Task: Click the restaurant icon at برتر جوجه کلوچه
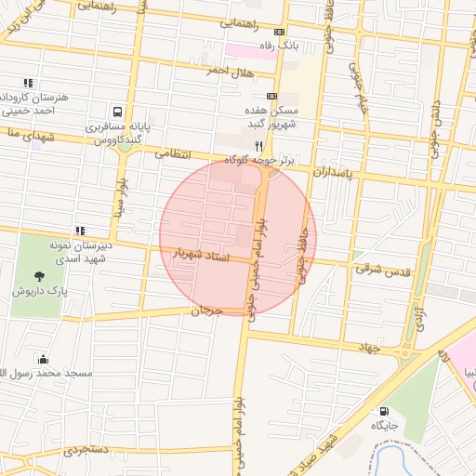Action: [x=258, y=145]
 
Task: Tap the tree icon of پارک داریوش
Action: [x=39, y=275]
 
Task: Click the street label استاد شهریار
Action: [x=200, y=253]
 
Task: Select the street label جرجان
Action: [x=207, y=311]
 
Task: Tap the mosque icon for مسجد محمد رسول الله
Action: [x=43, y=359]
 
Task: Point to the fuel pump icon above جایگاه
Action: [x=383, y=410]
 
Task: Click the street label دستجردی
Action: [x=86, y=450]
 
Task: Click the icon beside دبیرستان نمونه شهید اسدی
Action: [x=80, y=231]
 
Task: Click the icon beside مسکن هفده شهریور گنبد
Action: [x=271, y=96]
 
